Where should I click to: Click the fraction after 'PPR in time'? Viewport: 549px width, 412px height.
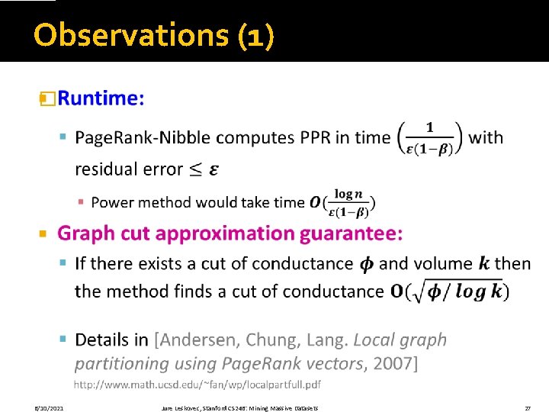[x=429, y=138]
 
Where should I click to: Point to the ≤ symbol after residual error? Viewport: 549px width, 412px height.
[x=193, y=169]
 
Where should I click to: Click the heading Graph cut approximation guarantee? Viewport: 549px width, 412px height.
[x=230, y=233]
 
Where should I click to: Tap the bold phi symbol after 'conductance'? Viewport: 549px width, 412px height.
[x=366, y=264]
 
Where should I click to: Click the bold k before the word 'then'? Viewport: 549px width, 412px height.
[x=484, y=264]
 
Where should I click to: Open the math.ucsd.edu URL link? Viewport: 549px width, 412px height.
[x=197, y=383]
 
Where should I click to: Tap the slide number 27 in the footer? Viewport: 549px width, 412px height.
[x=527, y=408]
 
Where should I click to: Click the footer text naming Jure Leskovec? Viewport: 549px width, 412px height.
[x=241, y=408]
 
